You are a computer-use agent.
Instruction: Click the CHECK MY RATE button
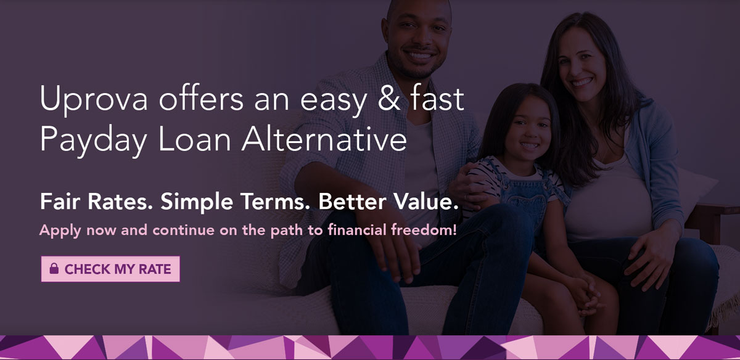(x=110, y=269)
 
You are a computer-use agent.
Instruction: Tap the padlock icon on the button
(x=54, y=269)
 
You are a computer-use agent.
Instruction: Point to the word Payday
(x=92, y=140)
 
